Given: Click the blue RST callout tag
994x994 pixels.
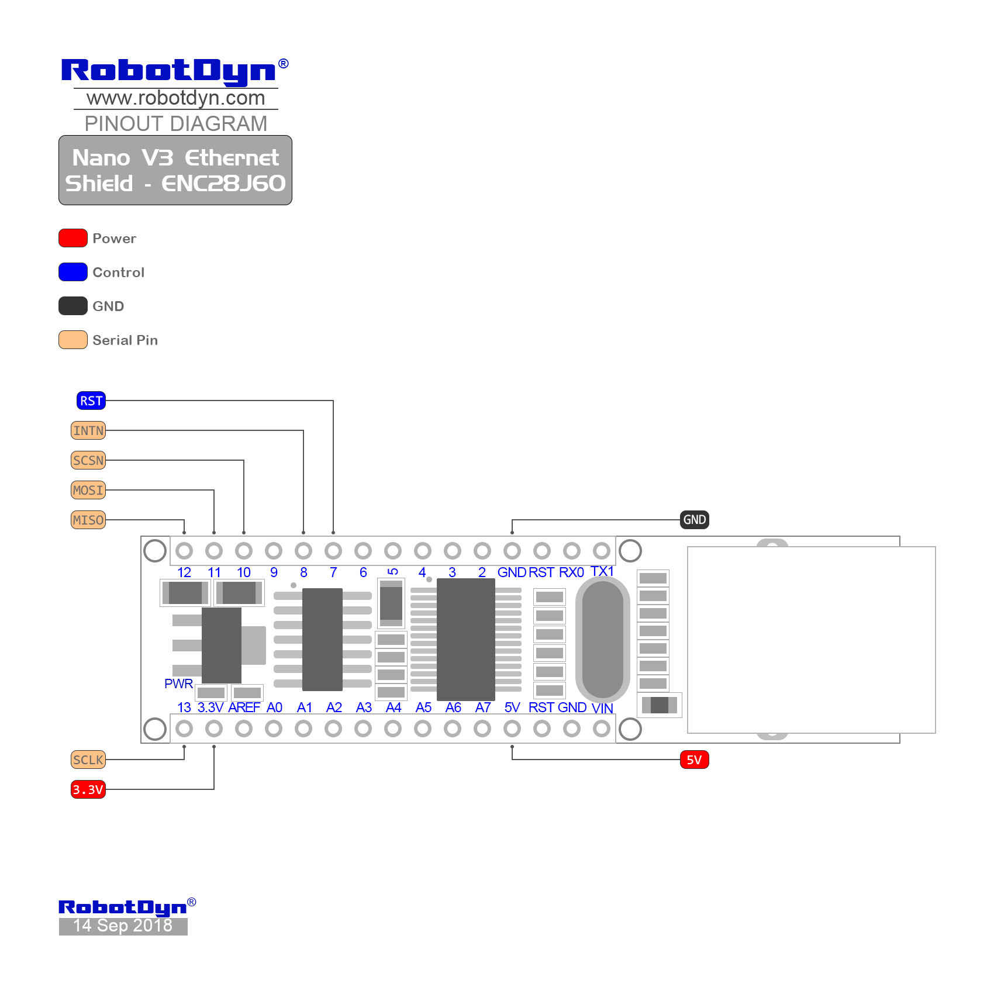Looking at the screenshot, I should tap(91, 401).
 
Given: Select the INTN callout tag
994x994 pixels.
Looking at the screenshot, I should tap(88, 431).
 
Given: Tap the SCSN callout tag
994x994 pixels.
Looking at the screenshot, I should tap(88, 461).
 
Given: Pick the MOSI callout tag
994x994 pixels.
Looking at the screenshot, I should tap(88, 491).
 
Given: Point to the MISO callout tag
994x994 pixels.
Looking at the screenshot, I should tap(88, 520).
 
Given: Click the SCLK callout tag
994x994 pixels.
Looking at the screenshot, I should tap(88, 760).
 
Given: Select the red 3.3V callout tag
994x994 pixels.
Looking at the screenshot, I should tap(88, 789).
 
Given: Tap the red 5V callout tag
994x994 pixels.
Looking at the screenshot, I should tap(694, 760).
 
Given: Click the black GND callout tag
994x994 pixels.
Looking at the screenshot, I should tap(694, 520).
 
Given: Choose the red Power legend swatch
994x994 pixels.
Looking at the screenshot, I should tap(73, 238).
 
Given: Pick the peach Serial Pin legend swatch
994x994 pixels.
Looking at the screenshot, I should tap(73, 340).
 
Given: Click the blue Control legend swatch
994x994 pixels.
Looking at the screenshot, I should tap(73, 272).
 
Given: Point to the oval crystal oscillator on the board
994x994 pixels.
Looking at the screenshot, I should tap(602, 639).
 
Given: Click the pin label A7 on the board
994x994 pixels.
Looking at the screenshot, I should tap(483, 707).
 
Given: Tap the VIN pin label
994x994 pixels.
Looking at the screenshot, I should tap(602, 708).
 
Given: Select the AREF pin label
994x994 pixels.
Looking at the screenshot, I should tap(244, 707).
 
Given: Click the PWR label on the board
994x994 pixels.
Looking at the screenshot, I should tap(178, 684).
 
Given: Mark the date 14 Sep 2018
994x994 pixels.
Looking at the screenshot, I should tap(123, 926).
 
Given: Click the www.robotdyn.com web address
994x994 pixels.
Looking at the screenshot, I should tap(175, 98).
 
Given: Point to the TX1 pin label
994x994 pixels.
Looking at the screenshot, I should tap(602, 571).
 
